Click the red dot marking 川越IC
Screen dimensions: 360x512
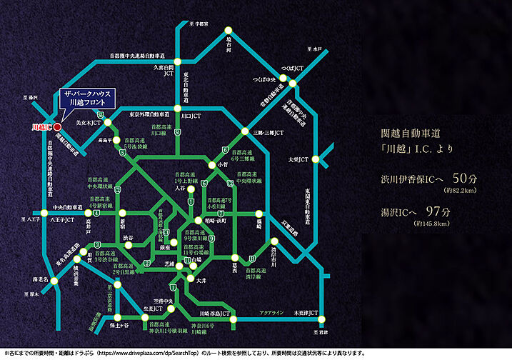[x=57, y=127]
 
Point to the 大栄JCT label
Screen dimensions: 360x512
[x=298, y=159]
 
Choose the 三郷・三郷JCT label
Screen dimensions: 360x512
[x=269, y=133]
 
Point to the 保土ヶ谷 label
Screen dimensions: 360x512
[x=114, y=326]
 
